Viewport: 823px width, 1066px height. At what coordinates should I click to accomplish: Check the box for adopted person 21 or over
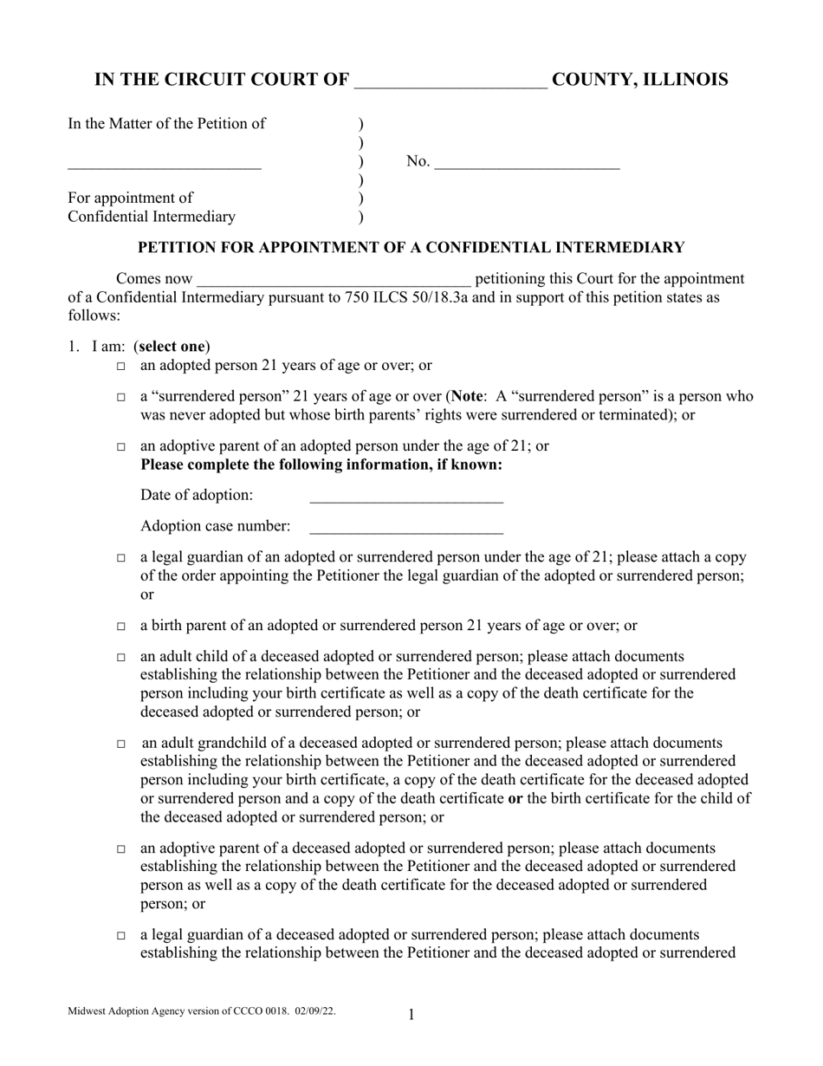pyautogui.click(x=120, y=367)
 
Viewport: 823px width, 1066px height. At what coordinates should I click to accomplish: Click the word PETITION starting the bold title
pyautogui.click(x=178, y=248)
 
